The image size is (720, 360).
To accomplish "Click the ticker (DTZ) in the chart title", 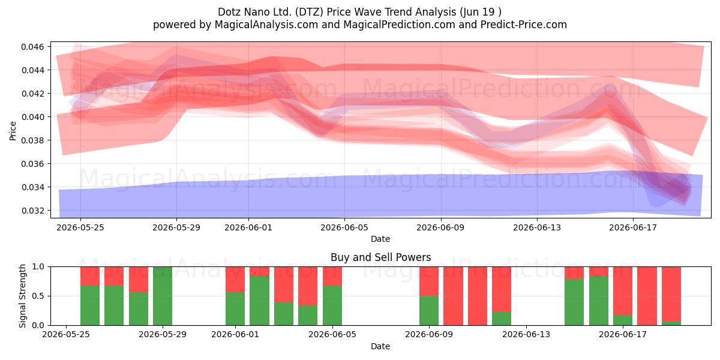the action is [x=309, y=12].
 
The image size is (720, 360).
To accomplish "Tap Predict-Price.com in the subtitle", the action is [x=524, y=25].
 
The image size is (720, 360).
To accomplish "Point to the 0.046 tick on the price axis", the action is [x=32, y=47].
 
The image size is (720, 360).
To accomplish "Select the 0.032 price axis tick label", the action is [x=32, y=211].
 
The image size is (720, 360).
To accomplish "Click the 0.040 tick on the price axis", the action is [x=32, y=117].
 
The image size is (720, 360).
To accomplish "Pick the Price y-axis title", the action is [x=13, y=131].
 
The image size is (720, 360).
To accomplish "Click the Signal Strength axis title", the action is [x=22, y=296].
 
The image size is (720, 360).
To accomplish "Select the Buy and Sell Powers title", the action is [x=380, y=257].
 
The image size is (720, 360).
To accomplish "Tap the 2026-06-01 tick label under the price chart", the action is [x=248, y=227].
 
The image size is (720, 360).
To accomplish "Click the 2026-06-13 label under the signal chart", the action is [x=526, y=335].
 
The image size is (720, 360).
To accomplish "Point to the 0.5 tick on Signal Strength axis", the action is [x=38, y=296].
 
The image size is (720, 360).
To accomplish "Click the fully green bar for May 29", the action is [x=163, y=296].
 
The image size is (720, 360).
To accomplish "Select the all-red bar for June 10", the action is [x=453, y=296].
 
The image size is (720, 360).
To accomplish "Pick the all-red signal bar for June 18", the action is [x=647, y=296].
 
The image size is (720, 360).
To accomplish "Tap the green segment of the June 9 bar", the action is [x=429, y=311].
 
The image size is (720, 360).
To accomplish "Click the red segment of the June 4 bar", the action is [x=308, y=286].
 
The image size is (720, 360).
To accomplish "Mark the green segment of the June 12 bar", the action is [x=502, y=319].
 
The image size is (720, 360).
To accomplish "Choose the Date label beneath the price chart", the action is [x=380, y=239].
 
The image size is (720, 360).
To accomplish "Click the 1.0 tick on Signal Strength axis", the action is [x=38, y=266].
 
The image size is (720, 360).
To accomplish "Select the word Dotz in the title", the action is [x=229, y=12].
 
